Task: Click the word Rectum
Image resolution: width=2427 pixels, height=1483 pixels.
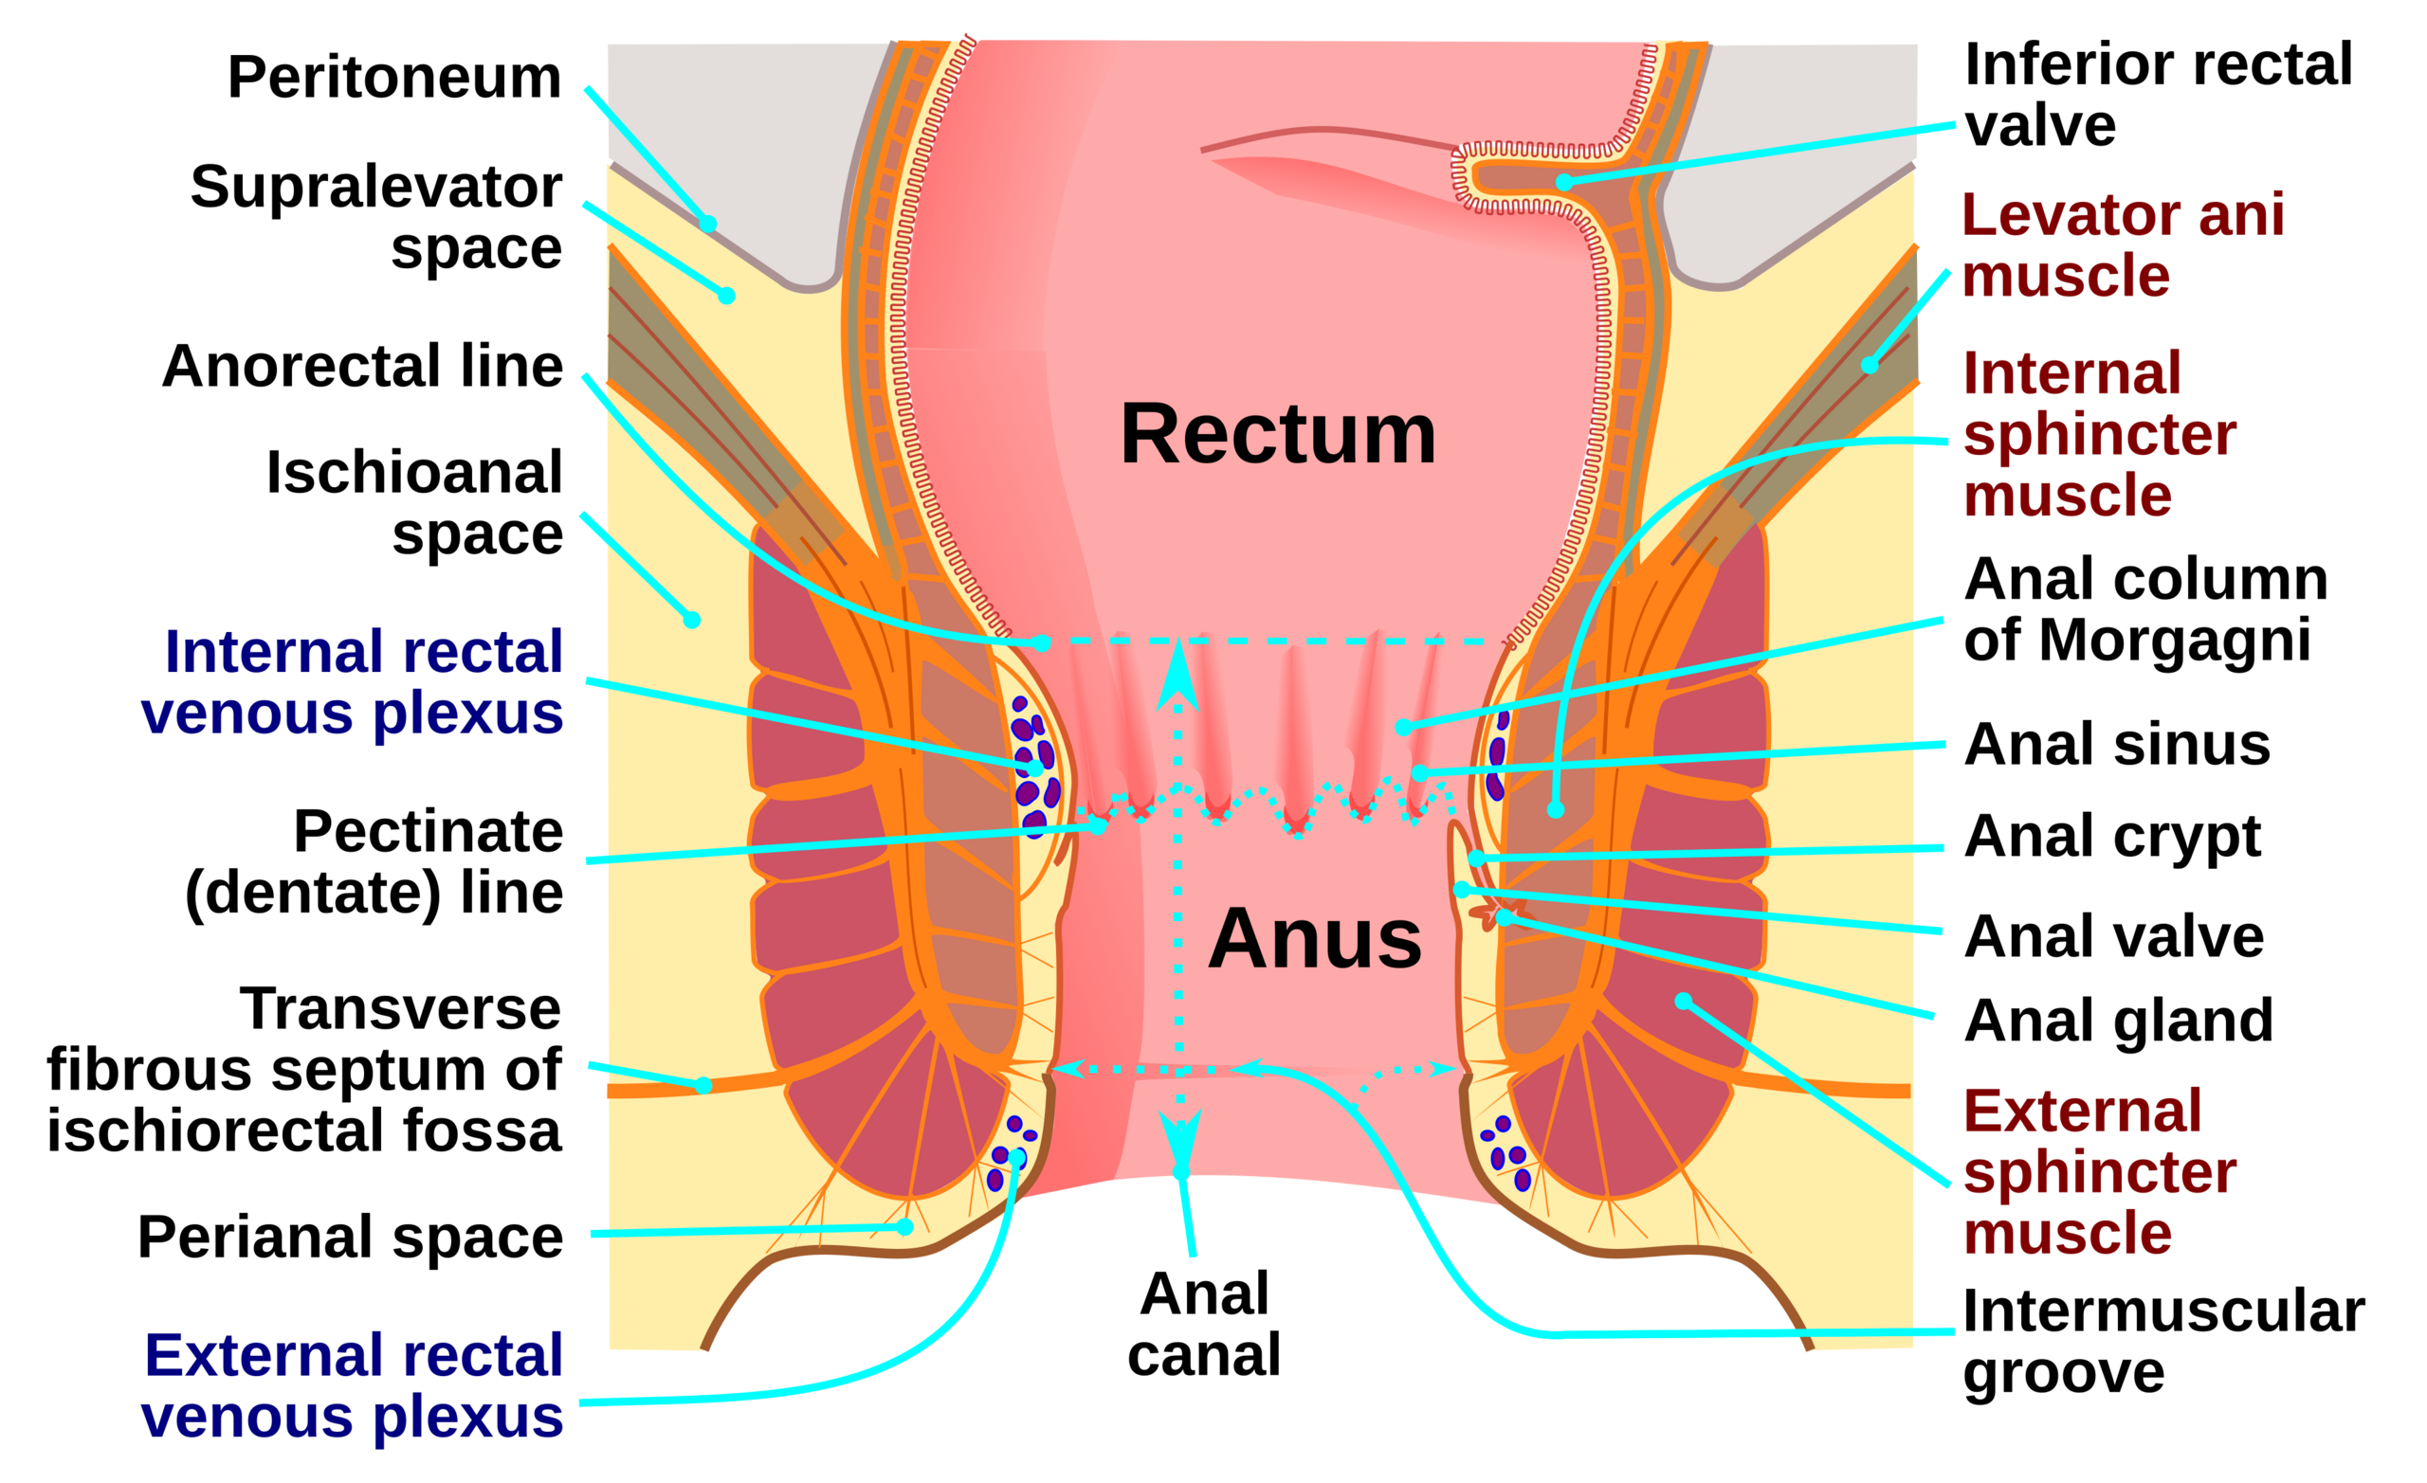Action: (1278, 434)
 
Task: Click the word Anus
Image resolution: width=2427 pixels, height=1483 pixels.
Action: (1315, 938)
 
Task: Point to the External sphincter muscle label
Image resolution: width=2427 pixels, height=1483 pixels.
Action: (2098, 1172)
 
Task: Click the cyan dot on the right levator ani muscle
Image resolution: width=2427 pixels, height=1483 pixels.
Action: (1869, 366)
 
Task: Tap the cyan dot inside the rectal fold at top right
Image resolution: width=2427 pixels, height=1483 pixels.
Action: (1563, 182)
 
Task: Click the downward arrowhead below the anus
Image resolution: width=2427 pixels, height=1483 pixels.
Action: (1180, 1141)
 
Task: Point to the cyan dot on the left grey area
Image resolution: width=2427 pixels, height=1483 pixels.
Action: (707, 225)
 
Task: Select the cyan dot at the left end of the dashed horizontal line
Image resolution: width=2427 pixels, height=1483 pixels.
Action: (1041, 643)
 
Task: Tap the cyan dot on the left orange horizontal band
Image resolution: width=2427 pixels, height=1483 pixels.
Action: (703, 1085)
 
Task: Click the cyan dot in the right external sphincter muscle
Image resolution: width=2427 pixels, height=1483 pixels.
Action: (1684, 1002)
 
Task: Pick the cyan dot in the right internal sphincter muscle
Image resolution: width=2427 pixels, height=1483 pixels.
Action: (1556, 809)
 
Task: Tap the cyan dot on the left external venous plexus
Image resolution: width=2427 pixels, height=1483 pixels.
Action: (1015, 1155)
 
